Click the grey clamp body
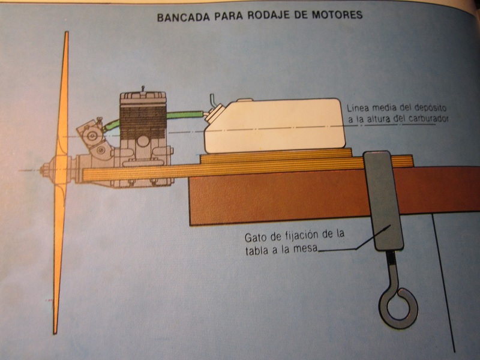[383, 198]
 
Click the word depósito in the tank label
[429, 108]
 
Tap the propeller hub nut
[44, 170]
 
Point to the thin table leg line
[444, 282]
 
